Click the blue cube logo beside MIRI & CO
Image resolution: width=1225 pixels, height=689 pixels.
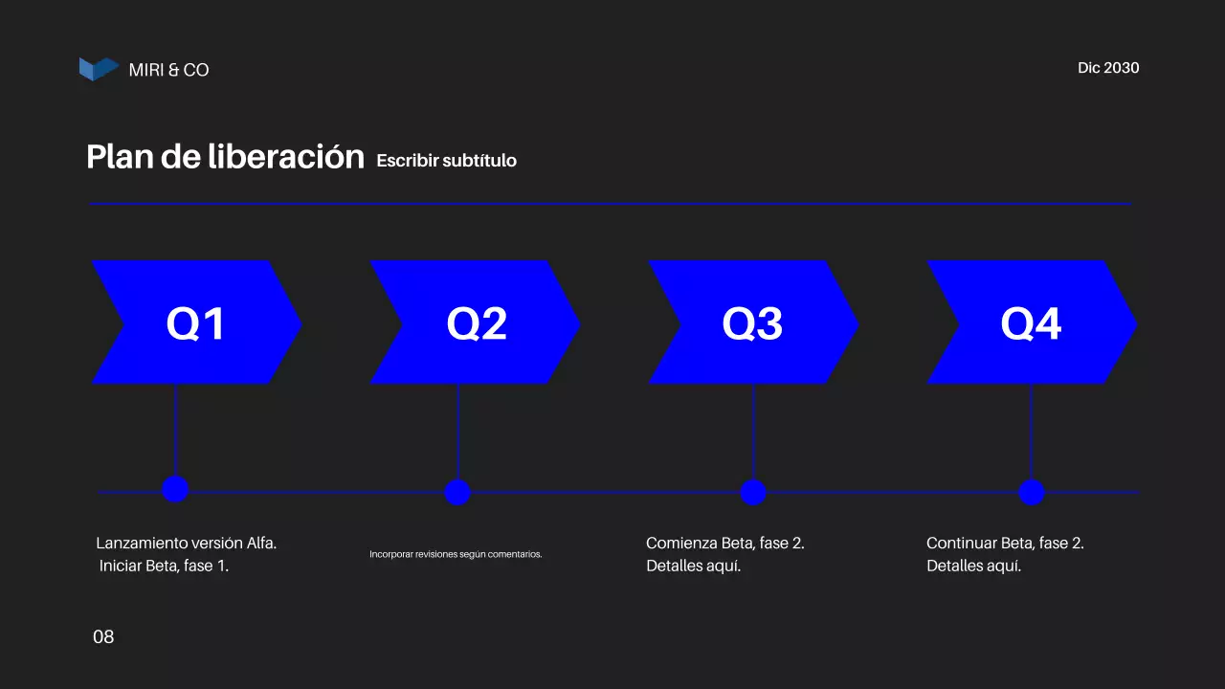click(x=99, y=69)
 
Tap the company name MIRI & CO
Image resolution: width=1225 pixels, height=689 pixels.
click(x=168, y=70)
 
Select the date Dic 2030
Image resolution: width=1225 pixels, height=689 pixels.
click(x=1108, y=68)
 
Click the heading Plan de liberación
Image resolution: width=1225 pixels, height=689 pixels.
click(x=225, y=157)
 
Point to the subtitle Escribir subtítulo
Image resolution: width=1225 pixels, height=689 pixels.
click(x=446, y=161)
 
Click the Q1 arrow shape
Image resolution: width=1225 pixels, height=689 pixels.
click(x=196, y=322)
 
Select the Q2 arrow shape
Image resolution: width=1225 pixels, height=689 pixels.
click(x=476, y=322)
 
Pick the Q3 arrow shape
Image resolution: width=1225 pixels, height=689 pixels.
click(x=753, y=322)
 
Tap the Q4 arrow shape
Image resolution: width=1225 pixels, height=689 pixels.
click(x=1031, y=322)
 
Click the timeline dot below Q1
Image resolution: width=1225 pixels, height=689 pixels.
click(x=175, y=489)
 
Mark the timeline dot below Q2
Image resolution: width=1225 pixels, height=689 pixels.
click(x=457, y=492)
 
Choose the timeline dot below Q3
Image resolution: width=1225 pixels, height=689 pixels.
click(x=753, y=492)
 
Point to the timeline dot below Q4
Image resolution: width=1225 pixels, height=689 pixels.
click(x=1031, y=492)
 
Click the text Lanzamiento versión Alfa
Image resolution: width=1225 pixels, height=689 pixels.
click(x=187, y=544)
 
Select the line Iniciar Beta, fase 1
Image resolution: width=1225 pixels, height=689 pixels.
click(x=164, y=566)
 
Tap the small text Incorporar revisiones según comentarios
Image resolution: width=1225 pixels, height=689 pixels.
click(x=456, y=554)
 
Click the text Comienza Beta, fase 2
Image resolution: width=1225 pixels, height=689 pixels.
click(x=725, y=544)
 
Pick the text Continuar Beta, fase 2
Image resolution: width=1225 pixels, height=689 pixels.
click(x=1005, y=544)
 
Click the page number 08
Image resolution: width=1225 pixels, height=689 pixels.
click(x=103, y=637)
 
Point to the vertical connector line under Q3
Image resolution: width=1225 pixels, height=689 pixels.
click(x=753, y=431)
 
